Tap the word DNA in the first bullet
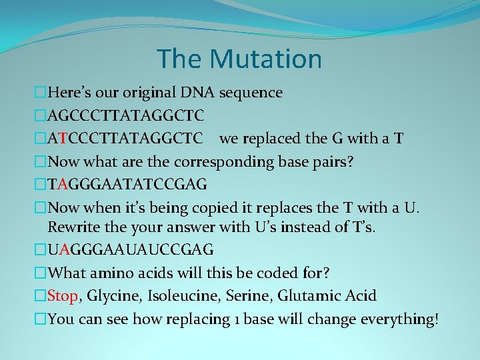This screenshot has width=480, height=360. pyautogui.click(x=200, y=93)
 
